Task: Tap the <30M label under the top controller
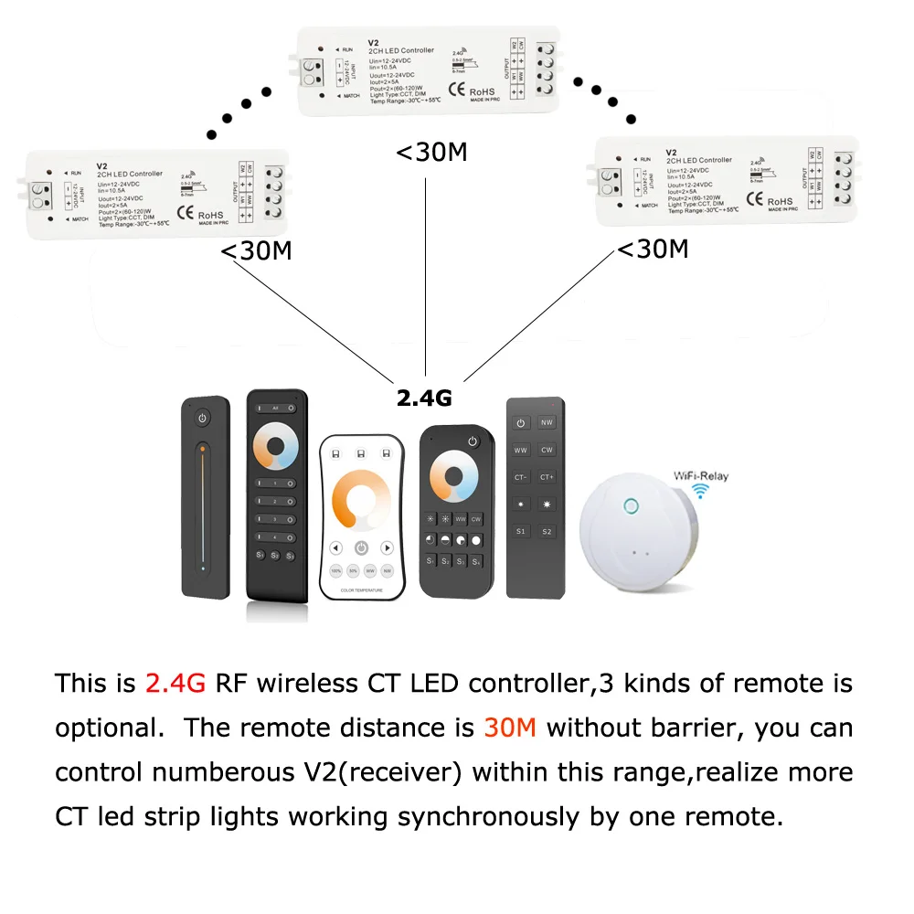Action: pos(431,152)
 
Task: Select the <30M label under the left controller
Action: pos(257,250)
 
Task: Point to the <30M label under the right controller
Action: pos(653,248)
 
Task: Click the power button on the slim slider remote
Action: pos(203,418)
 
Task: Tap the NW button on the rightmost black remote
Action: pos(547,423)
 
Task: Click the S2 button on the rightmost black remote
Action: pos(547,530)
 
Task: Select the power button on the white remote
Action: pos(362,548)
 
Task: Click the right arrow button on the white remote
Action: pos(388,548)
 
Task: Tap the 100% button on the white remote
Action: pos(335,570)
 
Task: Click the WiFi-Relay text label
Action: pos(701,476)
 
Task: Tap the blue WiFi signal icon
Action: pos(701,492)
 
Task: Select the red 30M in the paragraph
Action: pos(511,728)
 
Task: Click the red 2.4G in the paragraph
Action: pos(176,683)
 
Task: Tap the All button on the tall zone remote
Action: pos(276,409)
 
